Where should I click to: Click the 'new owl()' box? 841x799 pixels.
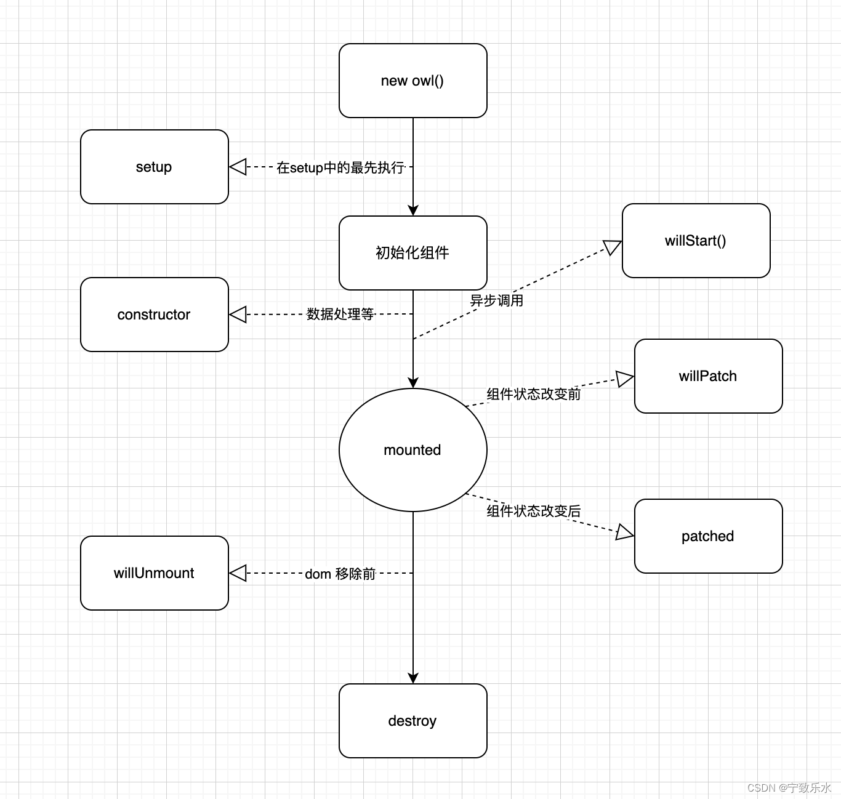[412, 81]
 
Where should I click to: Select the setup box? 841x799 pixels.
[154, 167]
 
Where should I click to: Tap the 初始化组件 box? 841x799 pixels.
[412, 253]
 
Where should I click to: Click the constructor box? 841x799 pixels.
[154, 315]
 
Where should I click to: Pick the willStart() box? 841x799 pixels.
[696, 241]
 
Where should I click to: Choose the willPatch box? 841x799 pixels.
[708, 376]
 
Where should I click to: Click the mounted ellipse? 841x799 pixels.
[412, 450]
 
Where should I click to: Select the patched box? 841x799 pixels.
[708, 536]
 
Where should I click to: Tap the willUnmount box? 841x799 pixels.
[154, 573]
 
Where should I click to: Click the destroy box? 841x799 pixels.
[412, 721]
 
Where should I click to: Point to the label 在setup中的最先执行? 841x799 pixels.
[340, 167]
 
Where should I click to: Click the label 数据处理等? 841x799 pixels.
[340, 314]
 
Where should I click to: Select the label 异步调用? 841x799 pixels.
[497, 300]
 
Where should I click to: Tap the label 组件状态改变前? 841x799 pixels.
[533, 394]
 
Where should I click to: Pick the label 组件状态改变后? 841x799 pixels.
[533, 511]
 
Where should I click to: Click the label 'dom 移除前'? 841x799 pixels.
[340, 574]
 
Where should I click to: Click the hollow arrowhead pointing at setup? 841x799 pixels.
[238, 167]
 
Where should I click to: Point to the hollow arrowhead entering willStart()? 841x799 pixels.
[613, 247]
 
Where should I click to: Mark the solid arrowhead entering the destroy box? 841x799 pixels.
[413, 678]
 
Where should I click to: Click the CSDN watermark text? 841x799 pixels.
[789, 788]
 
